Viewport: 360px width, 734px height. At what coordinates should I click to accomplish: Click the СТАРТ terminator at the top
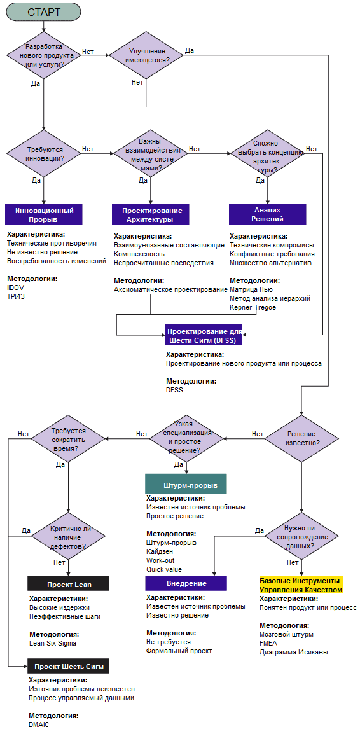pos(44,13)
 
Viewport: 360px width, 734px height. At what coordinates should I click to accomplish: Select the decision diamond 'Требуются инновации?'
pos(43,153)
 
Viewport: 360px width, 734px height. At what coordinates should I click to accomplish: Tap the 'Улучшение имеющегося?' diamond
pos(146,55)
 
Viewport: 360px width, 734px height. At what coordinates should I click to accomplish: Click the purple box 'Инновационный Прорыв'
pos(46,214)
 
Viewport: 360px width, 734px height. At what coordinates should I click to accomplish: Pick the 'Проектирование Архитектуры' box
pos(150,214)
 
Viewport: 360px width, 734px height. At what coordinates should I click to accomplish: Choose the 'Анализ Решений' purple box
pos(267,214)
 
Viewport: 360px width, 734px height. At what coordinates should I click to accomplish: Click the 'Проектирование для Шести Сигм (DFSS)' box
pos(204,334)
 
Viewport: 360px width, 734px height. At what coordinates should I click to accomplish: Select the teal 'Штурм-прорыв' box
pos(186,484)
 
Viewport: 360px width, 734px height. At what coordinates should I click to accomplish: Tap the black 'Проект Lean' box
pos(68,584)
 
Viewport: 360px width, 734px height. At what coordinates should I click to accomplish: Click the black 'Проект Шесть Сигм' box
pos(68,665)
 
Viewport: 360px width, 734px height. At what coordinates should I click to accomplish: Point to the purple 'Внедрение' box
pos(186,583)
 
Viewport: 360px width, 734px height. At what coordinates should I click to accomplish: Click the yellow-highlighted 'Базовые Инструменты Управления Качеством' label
pos(301,584)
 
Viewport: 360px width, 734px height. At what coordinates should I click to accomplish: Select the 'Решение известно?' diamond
pos(301,439)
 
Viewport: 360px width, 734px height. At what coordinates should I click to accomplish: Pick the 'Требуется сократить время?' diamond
pos(69,438)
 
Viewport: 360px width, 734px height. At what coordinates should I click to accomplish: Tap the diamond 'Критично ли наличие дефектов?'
pos(69,536)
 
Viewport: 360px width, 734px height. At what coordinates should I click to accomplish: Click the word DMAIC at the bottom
pos(39,724)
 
